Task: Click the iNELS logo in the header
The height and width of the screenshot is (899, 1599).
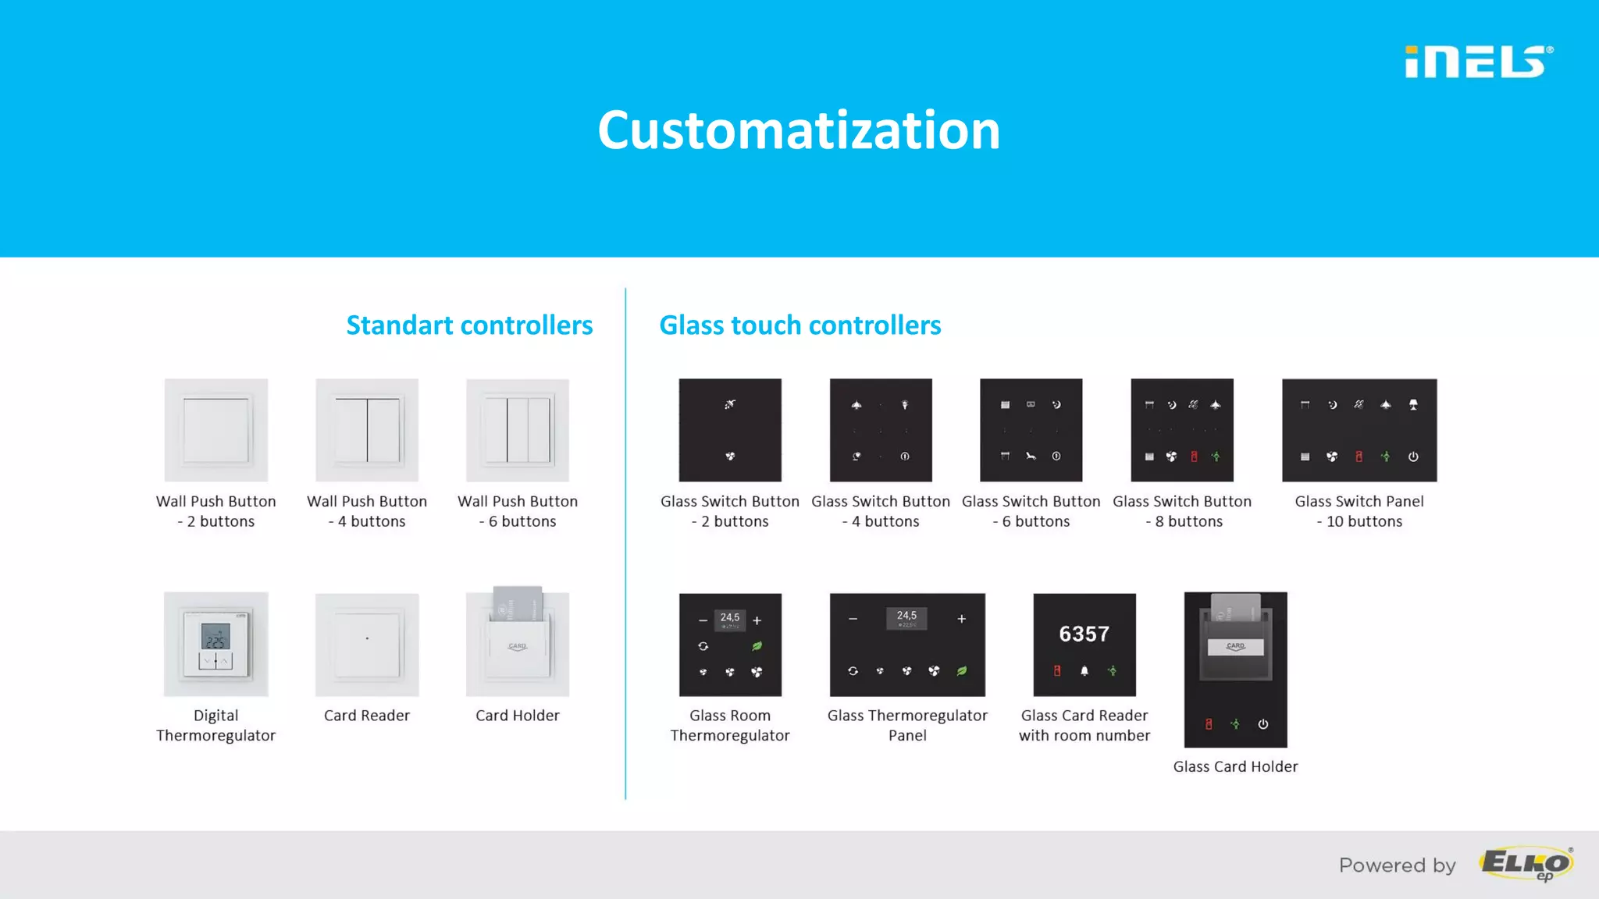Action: coord(1478,62)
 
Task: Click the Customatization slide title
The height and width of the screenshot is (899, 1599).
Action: coord(799,130)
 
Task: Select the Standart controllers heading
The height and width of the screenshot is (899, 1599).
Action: coord(469,325)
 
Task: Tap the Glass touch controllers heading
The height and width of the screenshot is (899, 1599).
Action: coord(799,325)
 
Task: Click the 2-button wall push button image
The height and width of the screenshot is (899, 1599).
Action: coord(216,430)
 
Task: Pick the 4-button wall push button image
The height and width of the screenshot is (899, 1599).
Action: coord(367,430)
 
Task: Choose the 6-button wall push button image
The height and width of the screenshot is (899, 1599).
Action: coord(518,430)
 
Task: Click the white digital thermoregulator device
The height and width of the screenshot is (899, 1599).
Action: coord(216,644)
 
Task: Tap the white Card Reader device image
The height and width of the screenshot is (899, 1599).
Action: coord(367,645)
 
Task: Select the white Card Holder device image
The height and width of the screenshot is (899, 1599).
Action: coord(518,643)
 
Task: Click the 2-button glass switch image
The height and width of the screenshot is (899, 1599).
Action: coord(730,430)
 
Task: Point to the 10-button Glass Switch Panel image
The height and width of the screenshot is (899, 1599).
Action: coord(1359,430)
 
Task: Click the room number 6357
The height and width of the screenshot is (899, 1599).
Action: coord(1084,634)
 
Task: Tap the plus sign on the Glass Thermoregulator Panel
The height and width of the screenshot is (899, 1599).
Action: coord(962,619)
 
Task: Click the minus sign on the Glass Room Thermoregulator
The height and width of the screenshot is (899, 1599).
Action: coord(703,620)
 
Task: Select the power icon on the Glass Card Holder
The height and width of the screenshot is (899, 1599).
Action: coord(1262,724)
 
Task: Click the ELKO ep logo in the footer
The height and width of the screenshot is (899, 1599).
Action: coord(1526,864)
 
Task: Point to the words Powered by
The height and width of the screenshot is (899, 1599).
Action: coord(1397,865)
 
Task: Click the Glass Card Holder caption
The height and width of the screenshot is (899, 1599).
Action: coord(1235,767)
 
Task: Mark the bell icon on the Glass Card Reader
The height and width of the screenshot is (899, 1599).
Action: coord(1084,670)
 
